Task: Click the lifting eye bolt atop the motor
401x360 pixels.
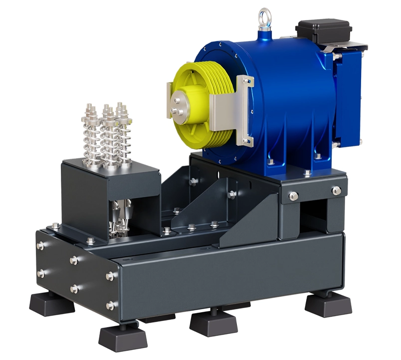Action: tap(262, 20)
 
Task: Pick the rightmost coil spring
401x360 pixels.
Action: tap(123, 131)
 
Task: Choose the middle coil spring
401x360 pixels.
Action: tap(107, 134)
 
